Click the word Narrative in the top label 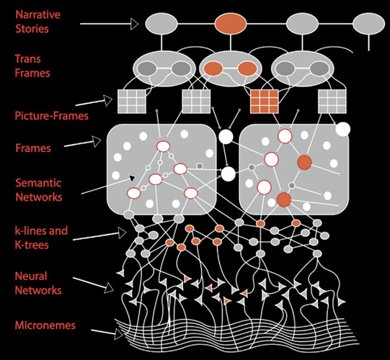click(37, 14)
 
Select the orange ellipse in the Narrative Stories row click(231, 24)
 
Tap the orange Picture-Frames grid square click(264, 102)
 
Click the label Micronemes click(45, 325)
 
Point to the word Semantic click(38, 183)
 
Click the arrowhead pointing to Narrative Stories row click(135, 24)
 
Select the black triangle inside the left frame click(132, 178)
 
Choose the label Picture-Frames click(51, 116)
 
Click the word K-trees click(32, 245)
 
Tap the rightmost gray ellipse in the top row click(368, 24)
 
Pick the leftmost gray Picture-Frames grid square click(132, 102)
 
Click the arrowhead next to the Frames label click(97, 142)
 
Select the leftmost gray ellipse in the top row click(161, 24)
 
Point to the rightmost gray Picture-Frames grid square click(332, 102)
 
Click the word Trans click(27, 59)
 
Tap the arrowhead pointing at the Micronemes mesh click(119, 333)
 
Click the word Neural click(31, 276)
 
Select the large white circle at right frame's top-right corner click(342, 129)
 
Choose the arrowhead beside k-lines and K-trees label click(123, 233)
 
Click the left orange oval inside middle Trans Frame click(213, 68)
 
